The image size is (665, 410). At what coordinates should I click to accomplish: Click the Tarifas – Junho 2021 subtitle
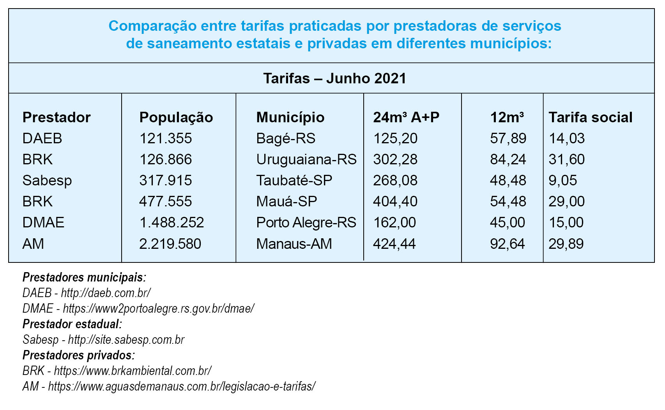pyautogui.click(x=334, y=78)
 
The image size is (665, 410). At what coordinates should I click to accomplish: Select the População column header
pyautogui.click(x=176, y=117)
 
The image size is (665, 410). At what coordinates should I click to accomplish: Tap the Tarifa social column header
pyautogui.click(x=591, y=117)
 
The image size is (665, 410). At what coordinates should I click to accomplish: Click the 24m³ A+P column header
pyautogui.click(x=406, y=117)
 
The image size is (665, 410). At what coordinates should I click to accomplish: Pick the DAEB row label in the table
pyautogui.click(x=42, y=138)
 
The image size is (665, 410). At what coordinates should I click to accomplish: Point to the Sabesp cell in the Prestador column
pyautogui.click(x=47, y=181)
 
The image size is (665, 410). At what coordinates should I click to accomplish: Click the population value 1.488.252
pyautogui.click(x=172, y=223)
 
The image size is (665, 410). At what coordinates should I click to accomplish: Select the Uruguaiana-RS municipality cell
pyautogui.click(x=306, y=159)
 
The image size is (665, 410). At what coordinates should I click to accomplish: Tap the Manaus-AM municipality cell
pyautogui.click(x=294, y=244)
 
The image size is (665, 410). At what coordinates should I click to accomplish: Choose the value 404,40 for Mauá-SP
pyautogui.click(x=395, y=201)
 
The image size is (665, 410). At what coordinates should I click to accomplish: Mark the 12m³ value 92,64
pyautogui.click(x=507, y=244)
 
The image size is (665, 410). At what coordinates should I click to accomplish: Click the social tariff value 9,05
pyautogui.click(x=562, y=180)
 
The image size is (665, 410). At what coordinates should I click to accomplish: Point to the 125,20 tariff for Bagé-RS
pyautogui.click(x=395, y=138)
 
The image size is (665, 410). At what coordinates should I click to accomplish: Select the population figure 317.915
pyautogui.click(x=166, y=180)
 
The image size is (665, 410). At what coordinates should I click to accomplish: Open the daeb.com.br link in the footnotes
pyautogui.click(x=106, y=293)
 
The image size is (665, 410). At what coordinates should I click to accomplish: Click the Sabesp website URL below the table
pyautogui.click(x=126, y=340)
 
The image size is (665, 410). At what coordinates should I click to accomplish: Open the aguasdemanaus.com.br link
pyautogui.click(x=182, y=386)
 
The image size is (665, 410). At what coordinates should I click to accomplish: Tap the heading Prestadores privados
pyautogui.click(x=79, y=355)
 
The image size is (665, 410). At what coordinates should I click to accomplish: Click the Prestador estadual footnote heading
pyautogui.click(x=72, y=324)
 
